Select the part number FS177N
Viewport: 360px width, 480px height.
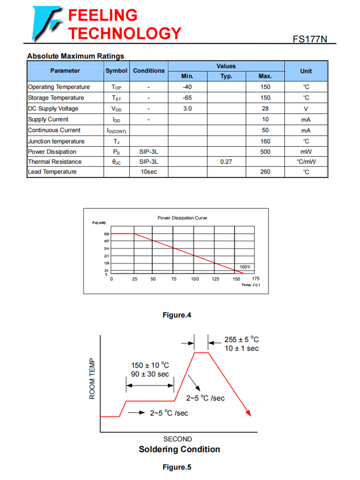[x=310, y=39]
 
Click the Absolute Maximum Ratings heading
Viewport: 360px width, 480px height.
[x=75, y=56]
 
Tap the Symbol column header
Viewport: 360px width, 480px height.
[x=116, y=71]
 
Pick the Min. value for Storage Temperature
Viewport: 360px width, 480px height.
[x=187, y=98]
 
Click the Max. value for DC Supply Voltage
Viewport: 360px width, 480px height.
[x=265, y=108]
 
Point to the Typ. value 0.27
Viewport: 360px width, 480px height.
[x=226, y=162]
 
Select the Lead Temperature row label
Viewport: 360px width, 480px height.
[x=52, y=172]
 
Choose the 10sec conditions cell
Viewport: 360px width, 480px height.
[x=148, y=172]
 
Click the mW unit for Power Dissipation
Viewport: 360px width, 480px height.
[x=306, y=152]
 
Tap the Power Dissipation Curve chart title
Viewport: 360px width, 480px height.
[x=182, y=218]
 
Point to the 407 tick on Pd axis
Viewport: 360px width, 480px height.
[x=107, y=241]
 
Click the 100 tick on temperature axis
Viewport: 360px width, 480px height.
[x=195, y=279]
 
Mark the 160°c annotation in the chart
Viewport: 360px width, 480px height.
[x=245, y=267]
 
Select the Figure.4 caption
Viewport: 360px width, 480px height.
[x=177, y=315]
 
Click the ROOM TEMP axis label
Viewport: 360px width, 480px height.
[x=93, y=379]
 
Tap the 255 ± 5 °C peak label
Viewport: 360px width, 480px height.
[x=241, y=339]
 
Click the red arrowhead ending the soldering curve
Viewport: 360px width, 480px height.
[x=248, y=413]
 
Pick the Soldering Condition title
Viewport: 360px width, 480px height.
[x=180, y=449]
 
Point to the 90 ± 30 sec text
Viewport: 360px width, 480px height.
[x=150, y=374]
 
